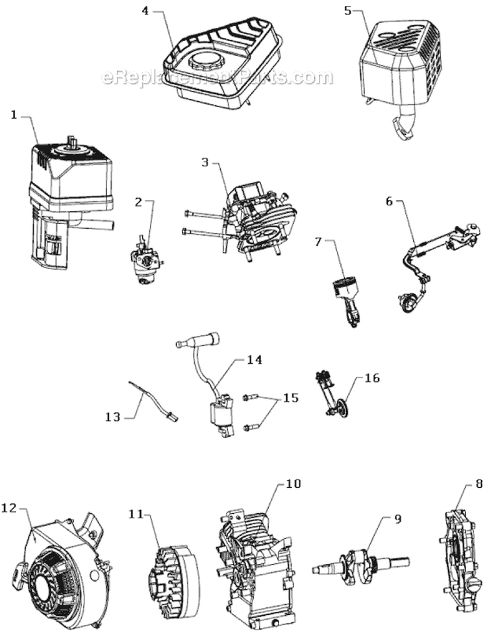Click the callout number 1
14,115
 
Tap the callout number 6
390,202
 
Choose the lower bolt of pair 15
251,427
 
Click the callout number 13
112,416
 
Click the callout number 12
11,507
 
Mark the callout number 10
293,484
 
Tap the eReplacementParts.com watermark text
218,78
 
